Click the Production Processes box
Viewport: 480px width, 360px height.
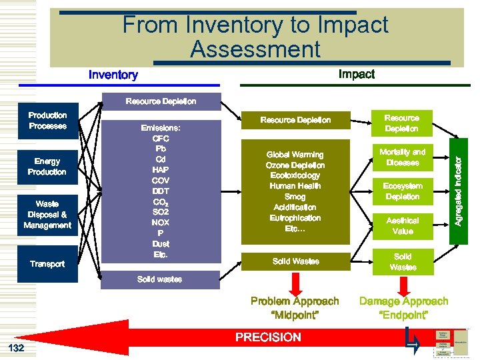point(47,121)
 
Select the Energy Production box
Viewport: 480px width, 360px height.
point(47,167)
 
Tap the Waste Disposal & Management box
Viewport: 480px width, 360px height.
point(47,215)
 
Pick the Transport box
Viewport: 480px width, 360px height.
point(47,264)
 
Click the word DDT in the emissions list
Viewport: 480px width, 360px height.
point(160,191)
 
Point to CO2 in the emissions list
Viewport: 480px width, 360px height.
point(160,202)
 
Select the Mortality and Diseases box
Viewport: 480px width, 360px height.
point(402,157)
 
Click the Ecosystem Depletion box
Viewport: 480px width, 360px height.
point(402,191)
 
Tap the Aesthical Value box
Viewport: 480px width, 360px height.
point(402,225)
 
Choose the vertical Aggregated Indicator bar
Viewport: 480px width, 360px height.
point(459,181)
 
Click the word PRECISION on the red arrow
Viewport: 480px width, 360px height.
point(268,337)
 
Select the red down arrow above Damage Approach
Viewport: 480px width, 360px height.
point(402,284)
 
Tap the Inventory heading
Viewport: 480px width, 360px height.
point(113,75)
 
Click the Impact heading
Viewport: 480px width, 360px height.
point(356,74)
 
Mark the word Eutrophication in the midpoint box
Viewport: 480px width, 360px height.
point(295,218)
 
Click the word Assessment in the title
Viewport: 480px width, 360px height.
point(255,49)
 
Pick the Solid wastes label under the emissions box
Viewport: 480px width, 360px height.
point(159,279)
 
